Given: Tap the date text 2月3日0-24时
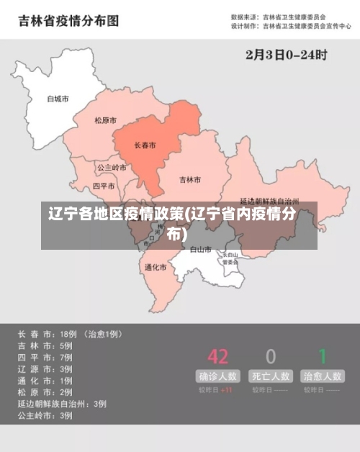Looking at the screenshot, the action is (x=287, y=54).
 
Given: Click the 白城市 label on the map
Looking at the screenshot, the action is (x=57, y=99).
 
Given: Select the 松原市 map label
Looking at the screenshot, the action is (x=106, y=120).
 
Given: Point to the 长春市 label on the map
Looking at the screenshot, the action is (x=145, y=145).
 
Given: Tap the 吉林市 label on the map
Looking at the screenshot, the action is (x=190, y=179).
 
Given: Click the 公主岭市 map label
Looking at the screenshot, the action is (x=112, y=167).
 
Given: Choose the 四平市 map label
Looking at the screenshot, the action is (x=104, y=186).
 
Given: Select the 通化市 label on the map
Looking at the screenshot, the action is (x=155, y=267).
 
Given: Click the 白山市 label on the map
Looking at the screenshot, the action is (x=201, y=250).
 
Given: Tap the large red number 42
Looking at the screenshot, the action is (x=217, y=356).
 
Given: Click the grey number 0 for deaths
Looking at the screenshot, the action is (x=271, y=356).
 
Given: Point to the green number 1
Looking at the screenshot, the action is (x=323, y=356).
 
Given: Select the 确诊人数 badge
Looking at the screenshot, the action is (x=217, y=376).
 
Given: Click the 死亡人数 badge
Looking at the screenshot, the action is (x=271, y=376).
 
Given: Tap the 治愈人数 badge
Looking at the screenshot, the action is (x=323, y=376).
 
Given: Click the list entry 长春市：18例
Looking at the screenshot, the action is (x=48, y=334).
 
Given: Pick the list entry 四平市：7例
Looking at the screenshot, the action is (x=45, y=357).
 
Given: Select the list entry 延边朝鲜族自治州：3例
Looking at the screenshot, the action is (x=62, y=404).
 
